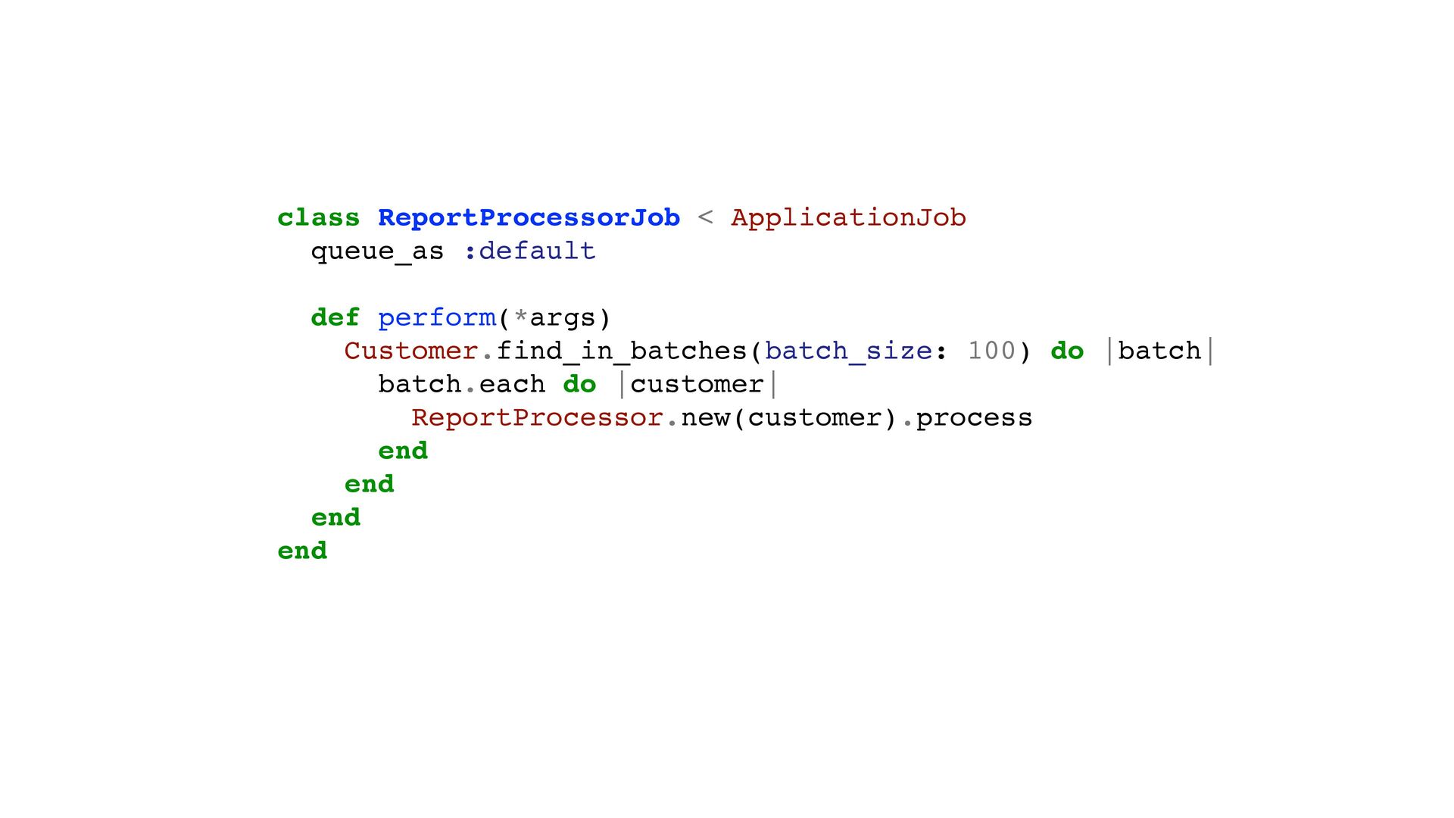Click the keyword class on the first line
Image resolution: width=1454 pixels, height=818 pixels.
coord(318,218)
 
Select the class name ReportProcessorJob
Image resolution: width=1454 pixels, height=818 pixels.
coord(529,218)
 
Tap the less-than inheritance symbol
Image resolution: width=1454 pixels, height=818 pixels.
coord(705,218)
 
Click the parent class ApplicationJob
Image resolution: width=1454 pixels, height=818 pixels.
coord(848,218)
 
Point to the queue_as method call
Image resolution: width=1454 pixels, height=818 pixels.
coord(377,251)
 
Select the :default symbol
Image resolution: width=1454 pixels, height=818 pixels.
coord(530,251)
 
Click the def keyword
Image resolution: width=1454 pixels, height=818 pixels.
coord(335,318)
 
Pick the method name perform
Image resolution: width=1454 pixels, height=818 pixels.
coord(436,318)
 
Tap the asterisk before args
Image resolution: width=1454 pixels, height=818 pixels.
coord(520,315)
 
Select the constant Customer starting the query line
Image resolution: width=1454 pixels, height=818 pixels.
coord(410,351)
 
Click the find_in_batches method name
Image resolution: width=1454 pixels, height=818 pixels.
coord(621,351)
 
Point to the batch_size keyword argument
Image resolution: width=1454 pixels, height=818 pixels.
coord(848,351)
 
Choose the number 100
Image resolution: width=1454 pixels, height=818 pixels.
coord(991,351)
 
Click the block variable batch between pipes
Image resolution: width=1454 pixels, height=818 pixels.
coord(1159,351)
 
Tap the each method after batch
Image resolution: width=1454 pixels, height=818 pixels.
coord(512,385)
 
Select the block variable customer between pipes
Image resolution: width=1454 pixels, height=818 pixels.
coord(697,385)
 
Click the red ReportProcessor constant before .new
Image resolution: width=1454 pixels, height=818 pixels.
coord(537,418)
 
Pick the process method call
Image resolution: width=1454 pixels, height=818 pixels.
coord(974,419)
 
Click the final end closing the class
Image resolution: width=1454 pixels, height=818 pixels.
coord(302,551)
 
